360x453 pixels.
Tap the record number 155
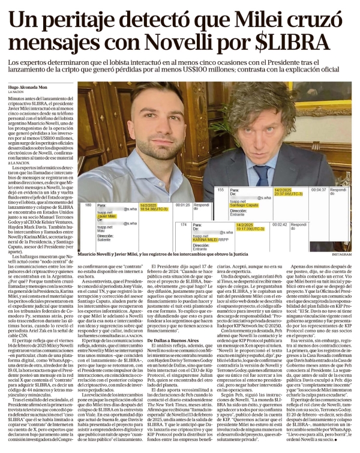pos(220,190)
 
